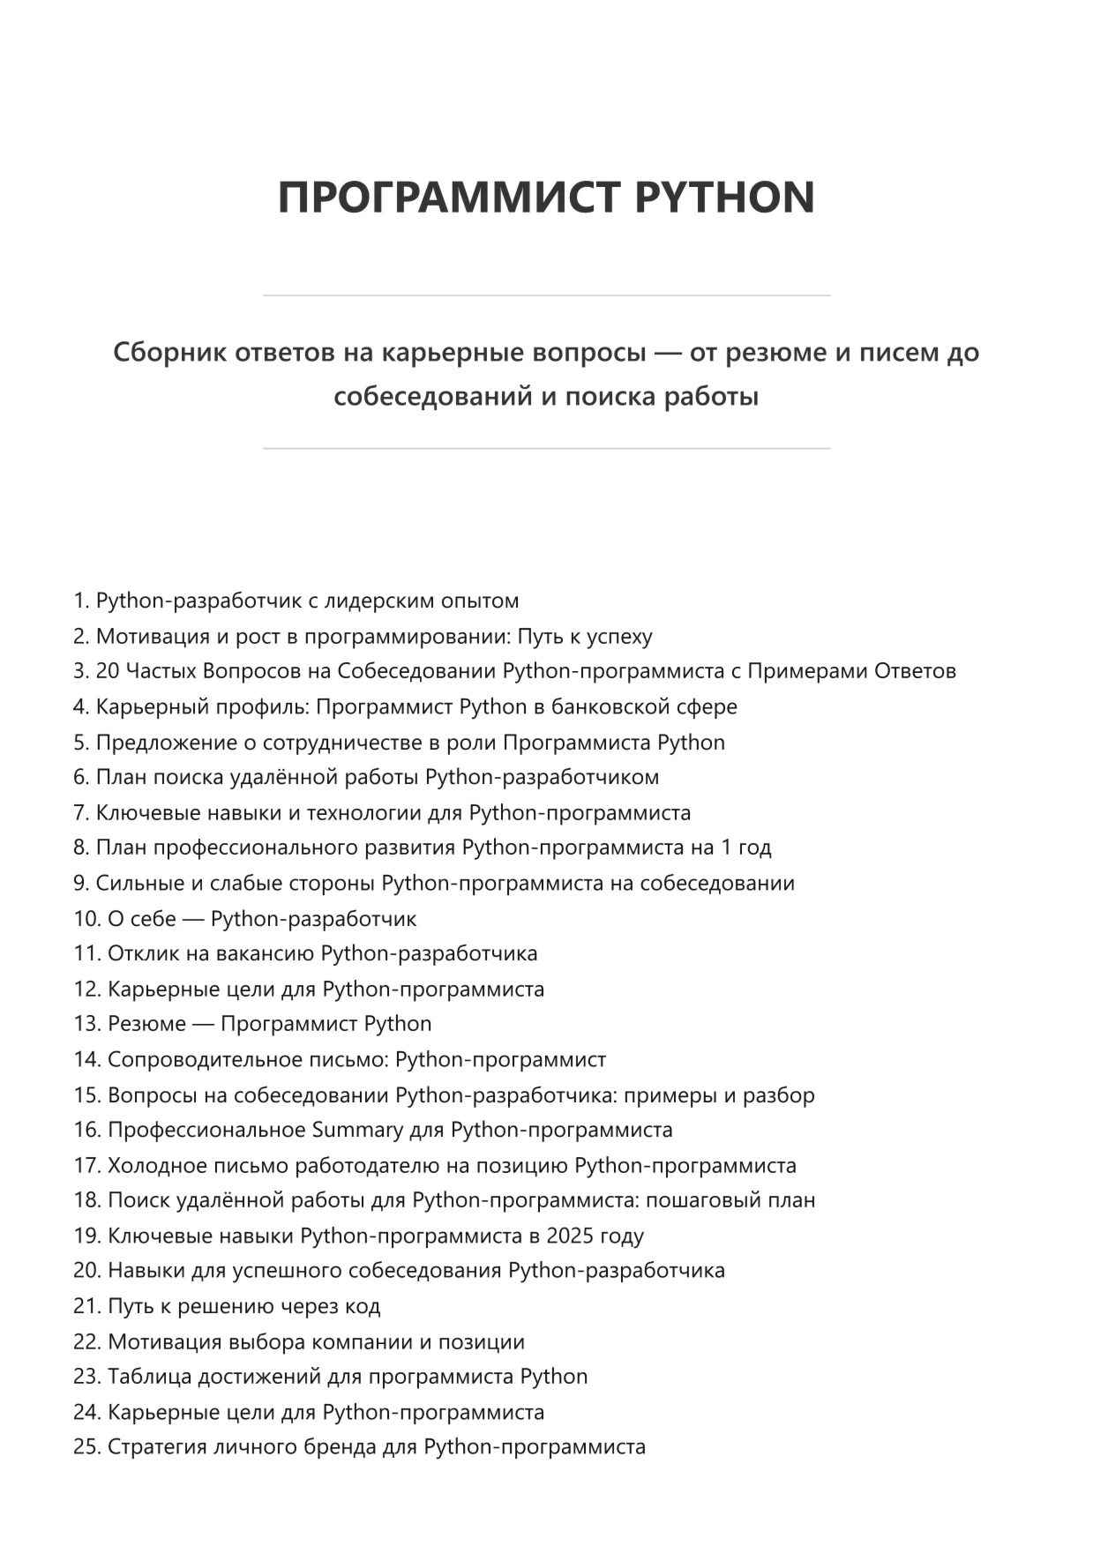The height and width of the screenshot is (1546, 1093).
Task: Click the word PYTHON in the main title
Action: pos(724,197)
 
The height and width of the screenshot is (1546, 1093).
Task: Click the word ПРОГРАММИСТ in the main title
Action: pos(449,197)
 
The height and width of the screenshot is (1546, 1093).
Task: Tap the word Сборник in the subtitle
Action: pos(165,353)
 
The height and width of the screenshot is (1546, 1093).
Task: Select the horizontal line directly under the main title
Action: pos(546,295)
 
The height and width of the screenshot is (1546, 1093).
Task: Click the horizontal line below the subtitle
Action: pos(546,449)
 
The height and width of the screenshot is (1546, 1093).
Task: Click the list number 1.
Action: pos(79,601)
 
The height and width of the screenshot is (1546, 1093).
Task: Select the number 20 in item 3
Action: pos(108,671)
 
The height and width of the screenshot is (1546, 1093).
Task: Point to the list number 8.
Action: pos(79,848)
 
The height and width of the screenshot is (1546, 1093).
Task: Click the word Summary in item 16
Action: pos(356,1130)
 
